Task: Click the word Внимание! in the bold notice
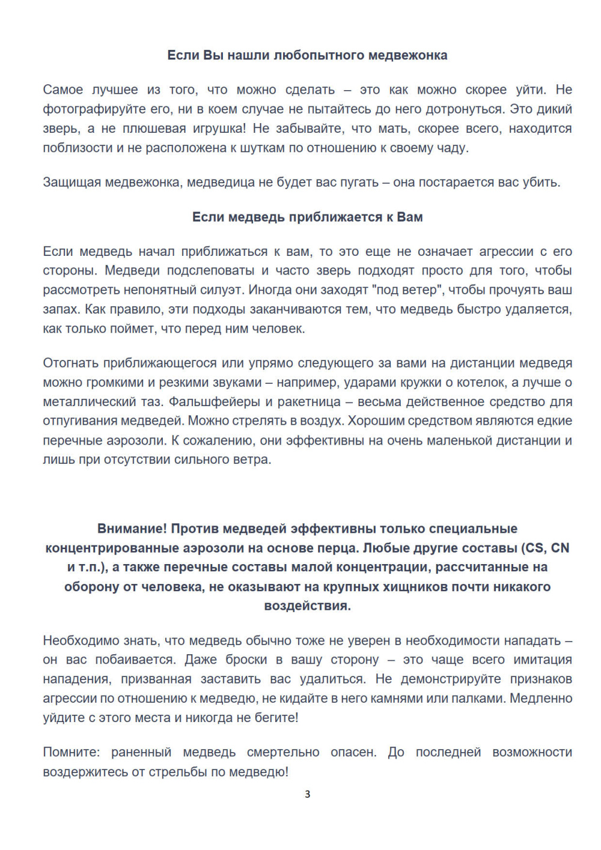pyautogui.click(x=132, y=529)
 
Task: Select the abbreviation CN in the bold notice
pyautogui.click(x=560, y=548)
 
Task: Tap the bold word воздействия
pyautogui.click(x=307, y=606)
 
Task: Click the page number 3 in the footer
pyautogui.click(x=308, y=794)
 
